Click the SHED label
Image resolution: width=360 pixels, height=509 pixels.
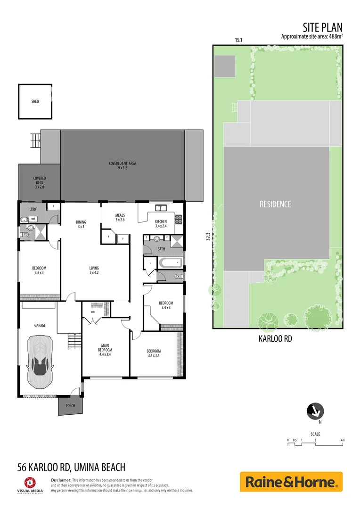[x=35, y=101]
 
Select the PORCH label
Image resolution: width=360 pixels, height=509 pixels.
[x=70, y=406]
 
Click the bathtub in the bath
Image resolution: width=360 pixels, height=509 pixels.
[x=169, y=262]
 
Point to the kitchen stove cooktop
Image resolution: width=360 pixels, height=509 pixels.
[x=179, y=219]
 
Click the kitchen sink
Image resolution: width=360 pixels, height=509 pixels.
[x=160, y=207]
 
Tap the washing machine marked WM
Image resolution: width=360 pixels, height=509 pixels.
[x=33, y=219]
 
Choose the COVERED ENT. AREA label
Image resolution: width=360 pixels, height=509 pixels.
[x=123, y=165]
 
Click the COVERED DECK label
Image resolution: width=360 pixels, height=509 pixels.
[x=40, y=182]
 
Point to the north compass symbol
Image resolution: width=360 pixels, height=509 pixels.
[x=315, y=411]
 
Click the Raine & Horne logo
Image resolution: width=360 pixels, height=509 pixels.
[x=291, y=482]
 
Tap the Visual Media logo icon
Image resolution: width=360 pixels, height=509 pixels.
[x=29, y=482]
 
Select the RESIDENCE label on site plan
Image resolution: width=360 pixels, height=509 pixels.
[x=276, y=204]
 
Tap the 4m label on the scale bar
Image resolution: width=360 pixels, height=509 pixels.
[x=343, y=440]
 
